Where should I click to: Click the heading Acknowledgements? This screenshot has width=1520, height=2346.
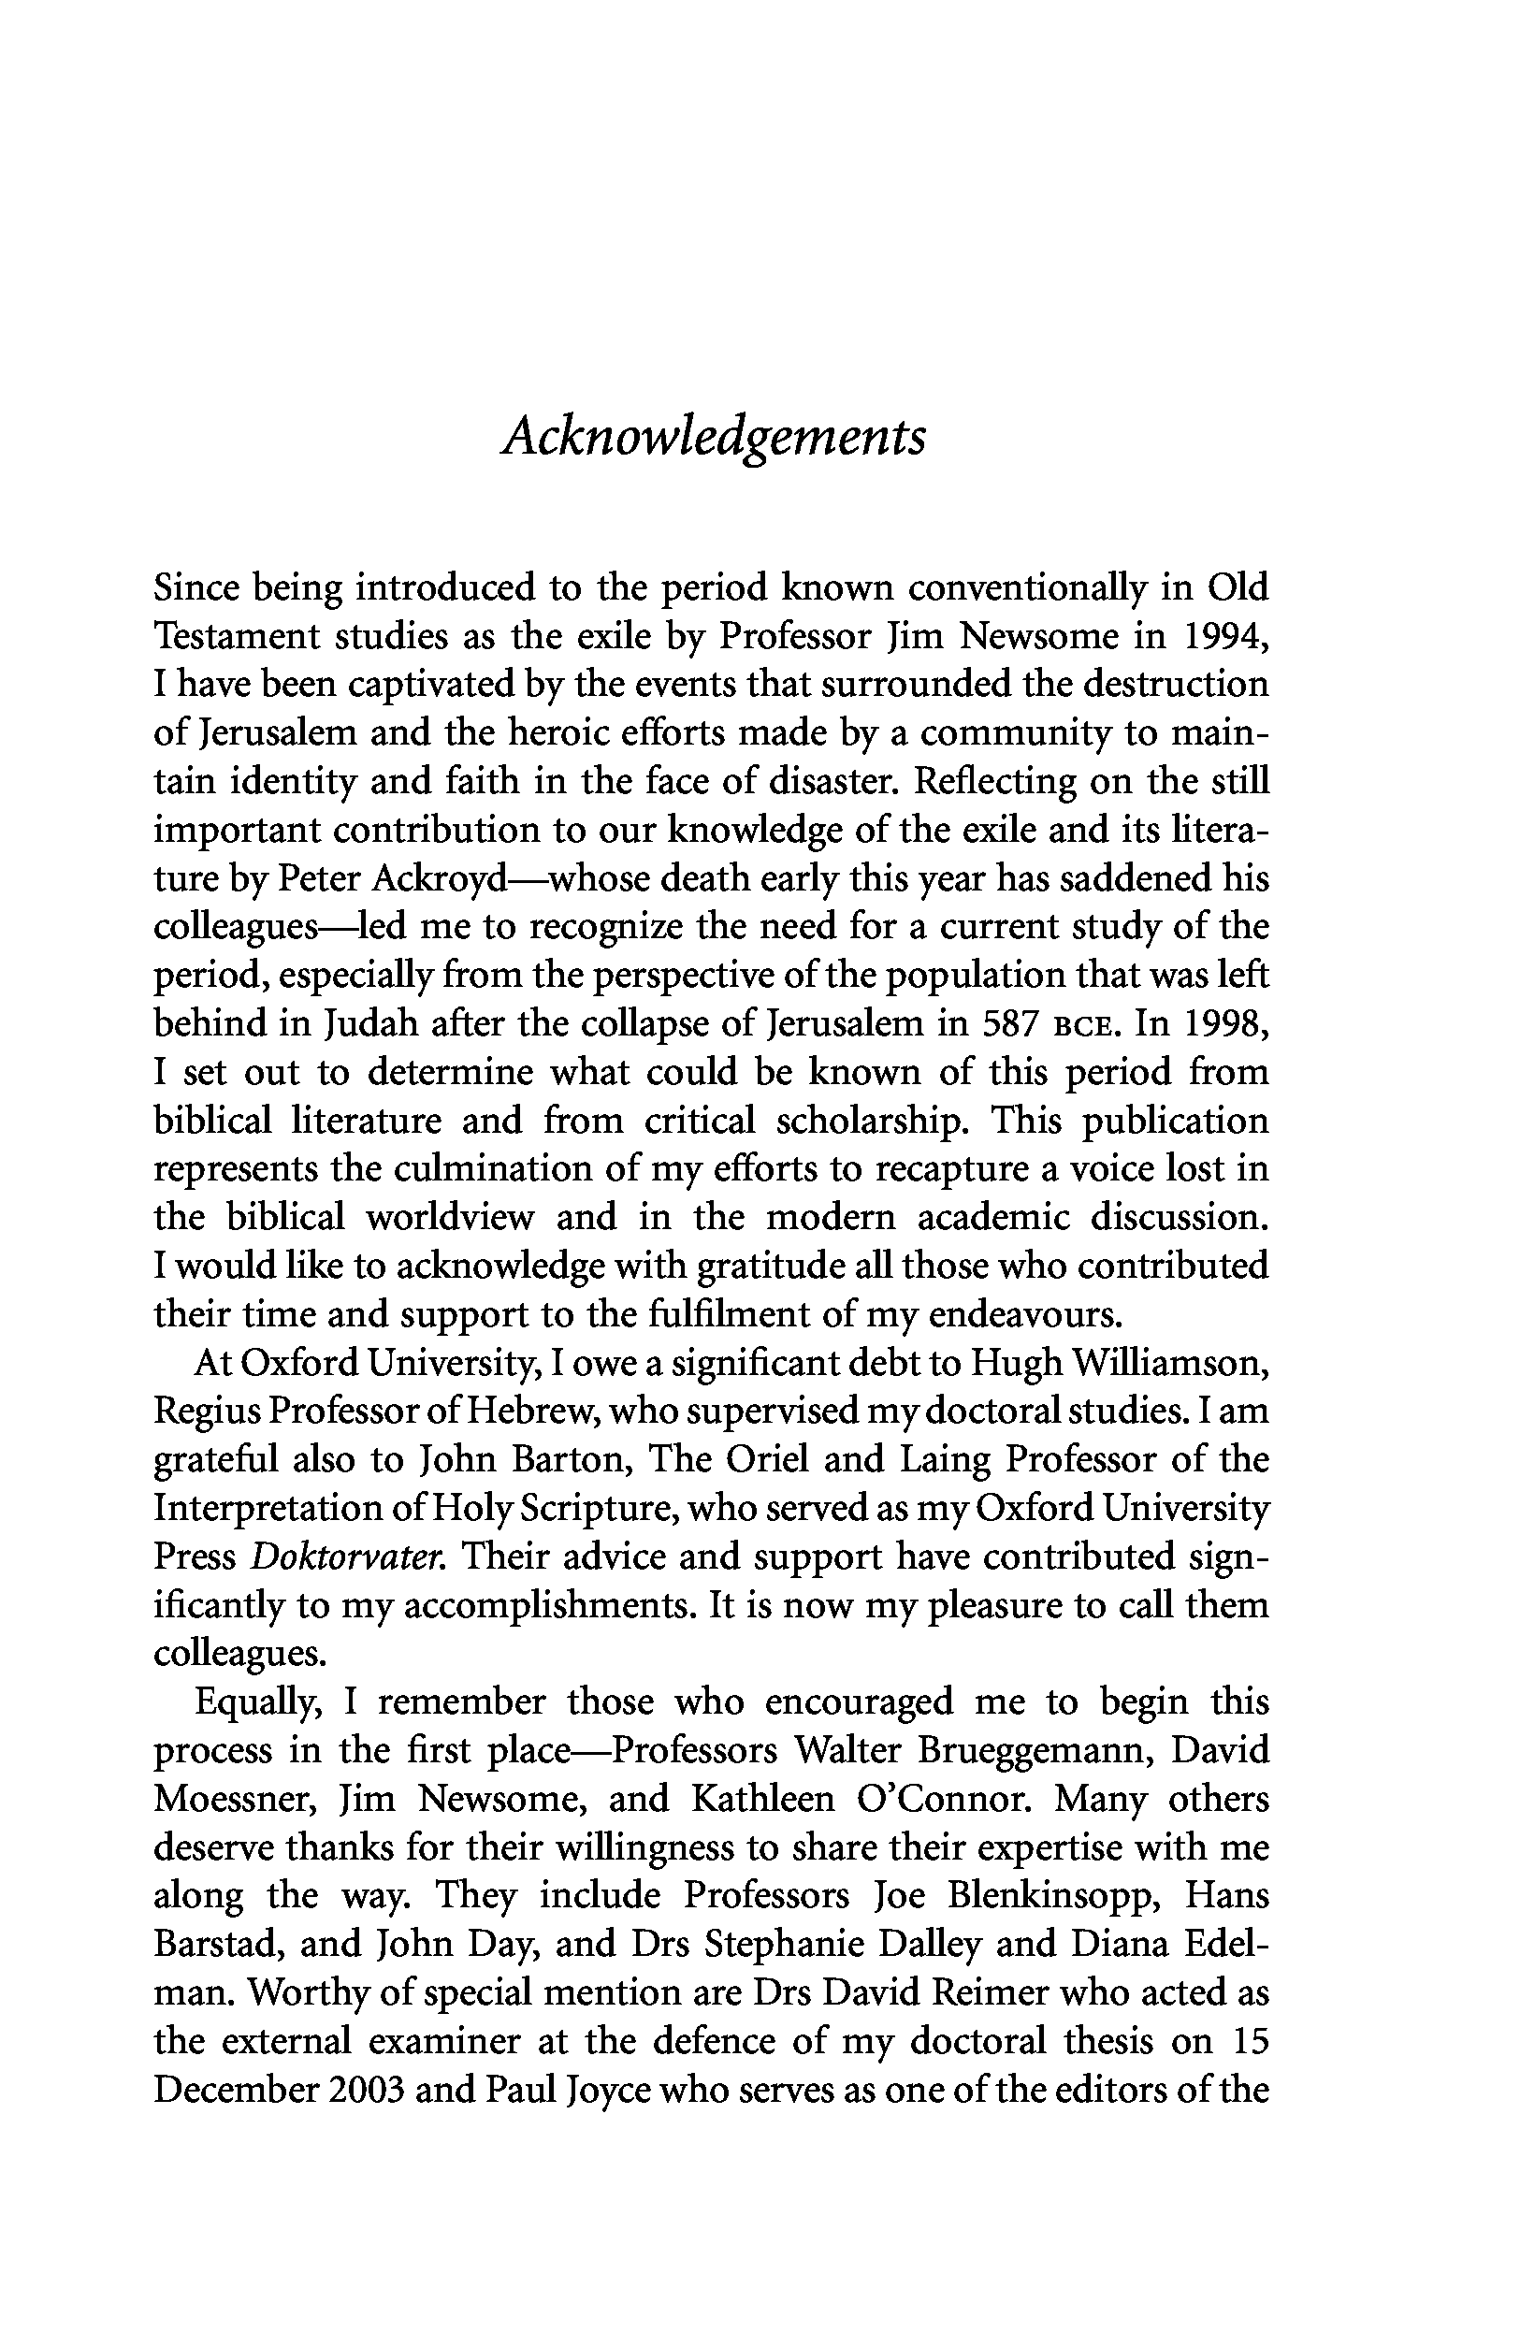pos(714,436)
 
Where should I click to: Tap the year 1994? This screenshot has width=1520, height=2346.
pos(1223,636)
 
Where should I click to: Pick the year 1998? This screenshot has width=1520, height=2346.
pos(1223,1024)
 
